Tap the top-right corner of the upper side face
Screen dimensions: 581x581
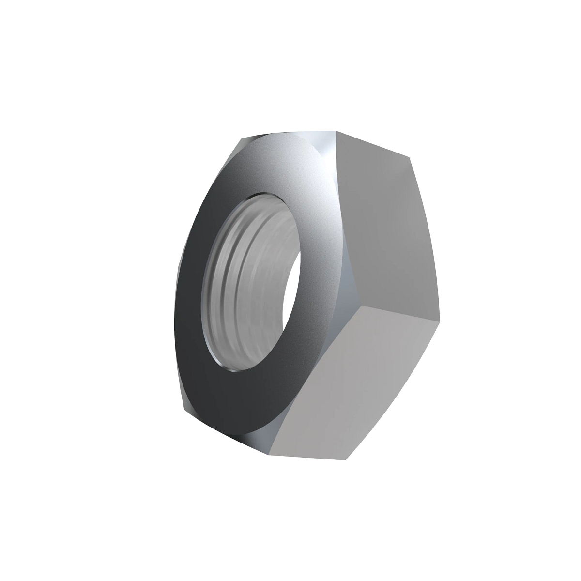(409, 157)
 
